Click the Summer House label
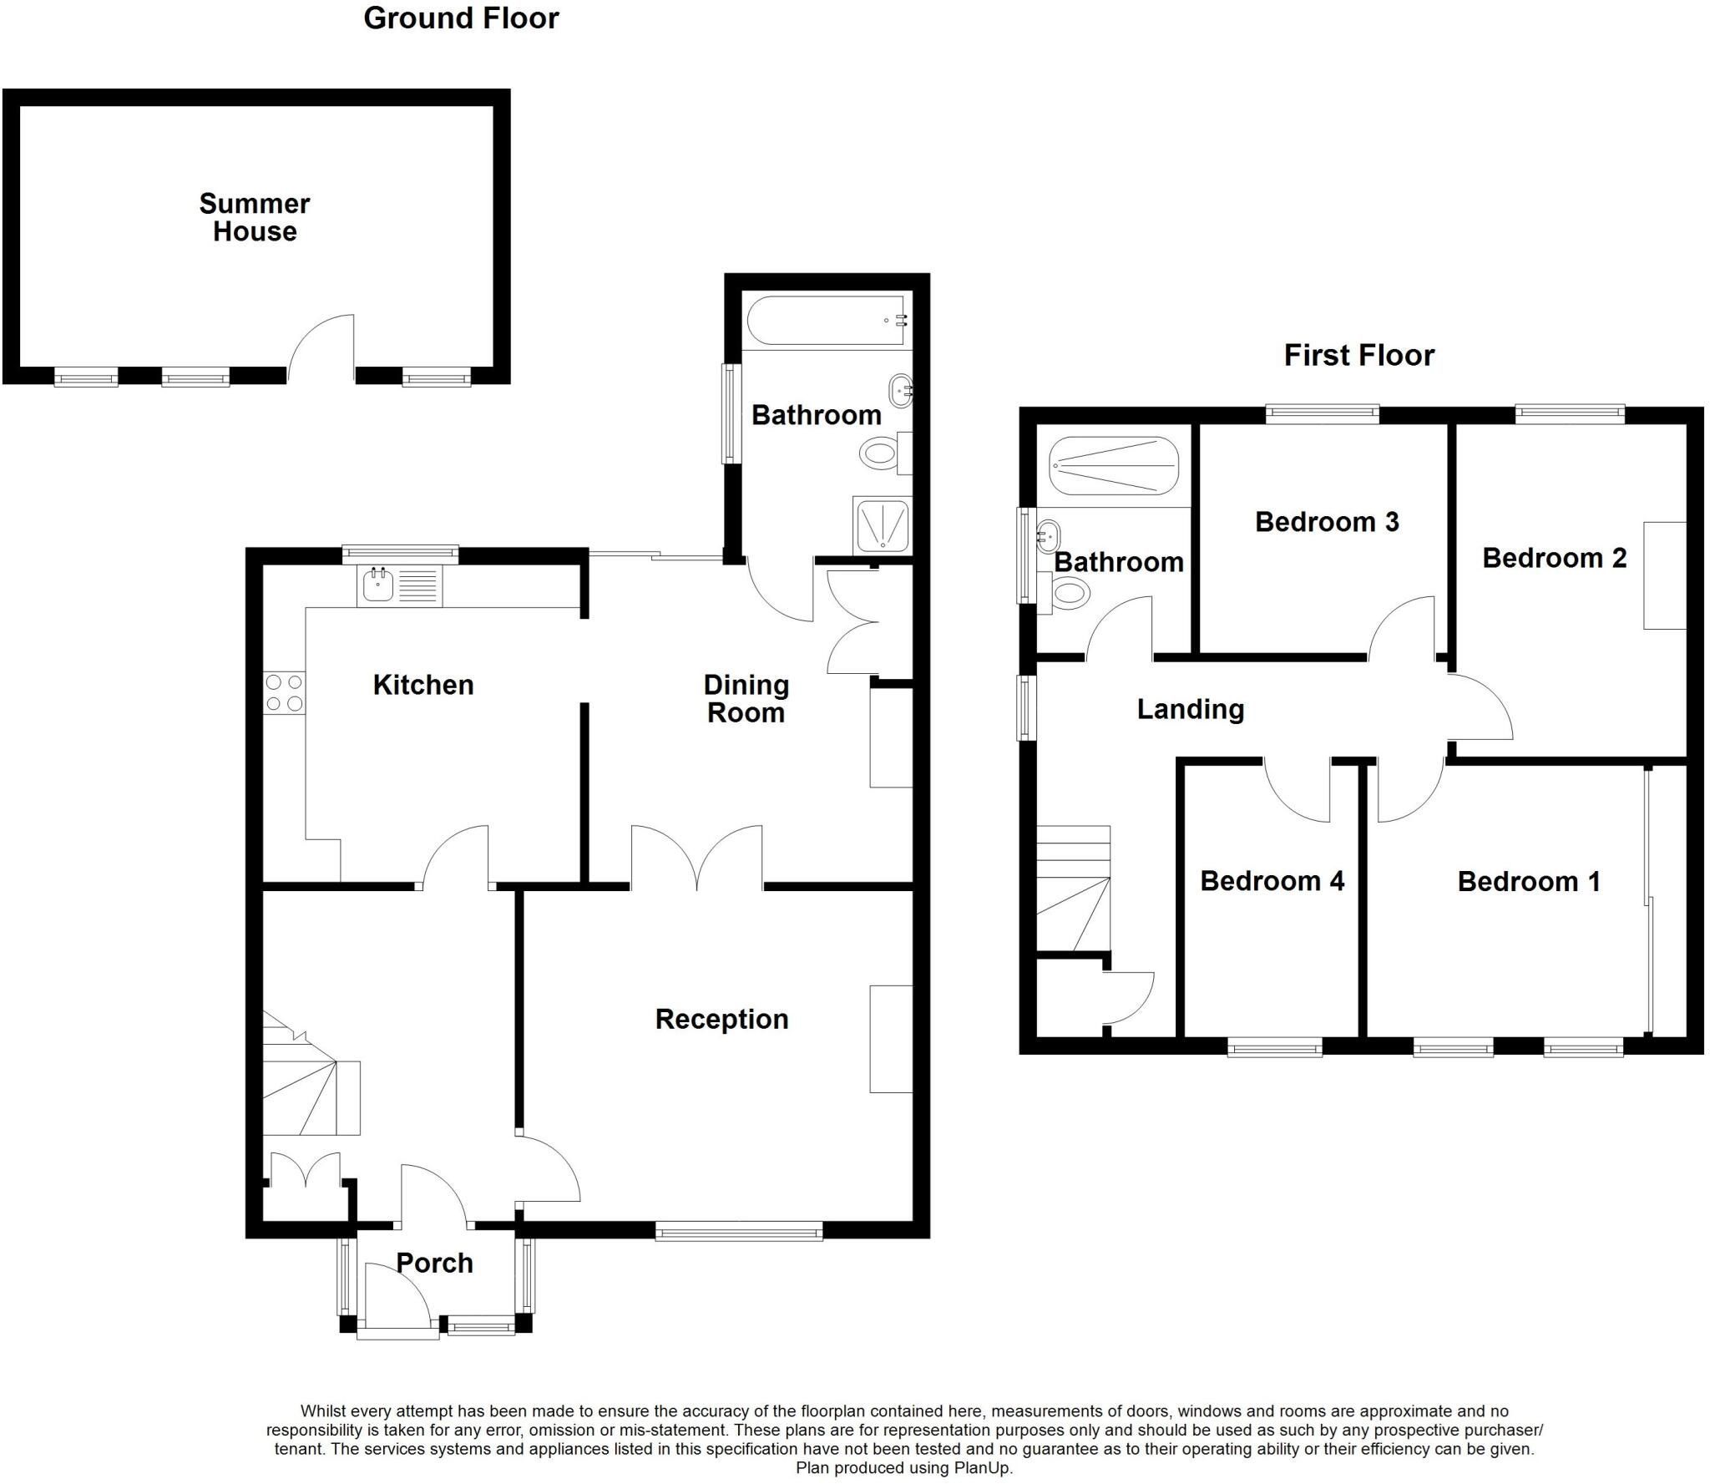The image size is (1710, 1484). (255, 217)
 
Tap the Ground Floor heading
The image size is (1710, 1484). (461, 18)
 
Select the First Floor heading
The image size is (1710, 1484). (1358, 355)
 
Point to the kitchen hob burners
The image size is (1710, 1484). (284, 692)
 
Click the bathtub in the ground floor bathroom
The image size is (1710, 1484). (825, 321)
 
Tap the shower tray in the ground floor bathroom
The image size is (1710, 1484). (882, 524)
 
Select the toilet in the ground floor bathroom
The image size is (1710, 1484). (885, 453)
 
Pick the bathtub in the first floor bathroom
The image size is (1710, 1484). (1114, 466)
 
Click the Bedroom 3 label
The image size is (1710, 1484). (1327, 522)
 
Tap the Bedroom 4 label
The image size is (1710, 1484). (1272, 881)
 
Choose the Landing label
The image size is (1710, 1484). (1191, 710)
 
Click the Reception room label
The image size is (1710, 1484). (721, 1019)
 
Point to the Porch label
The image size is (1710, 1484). (434, 1263)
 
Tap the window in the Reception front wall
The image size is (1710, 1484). (739, 1230)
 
